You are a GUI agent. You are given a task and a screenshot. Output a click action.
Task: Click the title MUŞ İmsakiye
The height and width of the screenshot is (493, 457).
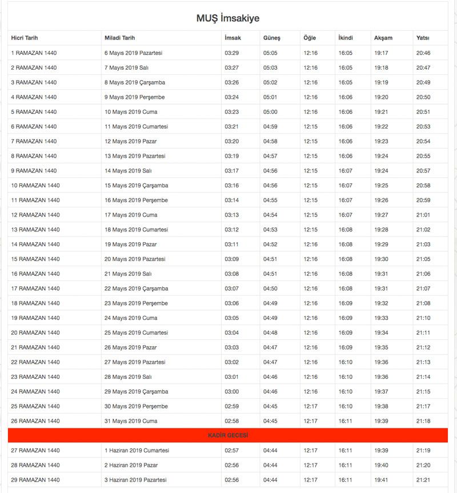tap(228, 18)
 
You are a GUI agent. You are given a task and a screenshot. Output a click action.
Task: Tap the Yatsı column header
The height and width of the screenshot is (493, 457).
tap(423, 38)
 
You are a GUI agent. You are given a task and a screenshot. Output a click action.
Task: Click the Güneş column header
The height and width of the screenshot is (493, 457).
tap(271, 38)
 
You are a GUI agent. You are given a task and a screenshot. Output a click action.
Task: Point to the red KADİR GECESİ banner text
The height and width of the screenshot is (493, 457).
tap(228, 436)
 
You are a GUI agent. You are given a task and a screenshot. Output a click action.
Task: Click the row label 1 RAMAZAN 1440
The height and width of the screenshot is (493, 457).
tap(34, 53)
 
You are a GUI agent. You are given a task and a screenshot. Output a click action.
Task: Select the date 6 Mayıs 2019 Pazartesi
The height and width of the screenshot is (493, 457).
tap(133, 53)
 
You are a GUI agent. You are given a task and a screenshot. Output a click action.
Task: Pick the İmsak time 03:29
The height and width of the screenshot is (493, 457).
tap(232, 53)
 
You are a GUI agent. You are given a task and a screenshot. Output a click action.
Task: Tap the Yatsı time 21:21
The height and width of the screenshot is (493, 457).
tap(423, 480)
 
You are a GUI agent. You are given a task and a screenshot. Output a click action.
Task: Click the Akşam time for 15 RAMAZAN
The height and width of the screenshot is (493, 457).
tap(381, 259)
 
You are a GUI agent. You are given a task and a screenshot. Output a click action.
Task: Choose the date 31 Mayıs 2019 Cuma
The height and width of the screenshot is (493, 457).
tap(131, 421)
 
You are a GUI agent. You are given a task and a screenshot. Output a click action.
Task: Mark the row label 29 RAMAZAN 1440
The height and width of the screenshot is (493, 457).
tap(35, 480)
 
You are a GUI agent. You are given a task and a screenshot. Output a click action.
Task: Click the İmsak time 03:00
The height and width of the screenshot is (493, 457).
tap(232, 391)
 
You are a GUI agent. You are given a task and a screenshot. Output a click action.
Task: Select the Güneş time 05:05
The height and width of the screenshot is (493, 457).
tap(270, 53)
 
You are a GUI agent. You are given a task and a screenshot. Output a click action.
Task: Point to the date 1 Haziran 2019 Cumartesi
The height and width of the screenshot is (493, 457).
tap(137, 451)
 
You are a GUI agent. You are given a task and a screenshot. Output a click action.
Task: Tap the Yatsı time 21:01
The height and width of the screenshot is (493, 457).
tap(423, 215)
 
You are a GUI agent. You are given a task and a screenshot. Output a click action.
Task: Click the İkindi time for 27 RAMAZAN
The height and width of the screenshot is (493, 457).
tap(346, 451)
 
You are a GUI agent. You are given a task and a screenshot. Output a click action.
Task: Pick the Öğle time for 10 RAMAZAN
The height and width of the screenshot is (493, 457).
tap(311, 185)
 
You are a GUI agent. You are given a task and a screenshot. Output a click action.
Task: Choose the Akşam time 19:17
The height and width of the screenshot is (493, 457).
tap(381, 53)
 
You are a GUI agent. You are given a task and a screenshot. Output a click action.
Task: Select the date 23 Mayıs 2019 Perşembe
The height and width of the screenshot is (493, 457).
tap(136, 303)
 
